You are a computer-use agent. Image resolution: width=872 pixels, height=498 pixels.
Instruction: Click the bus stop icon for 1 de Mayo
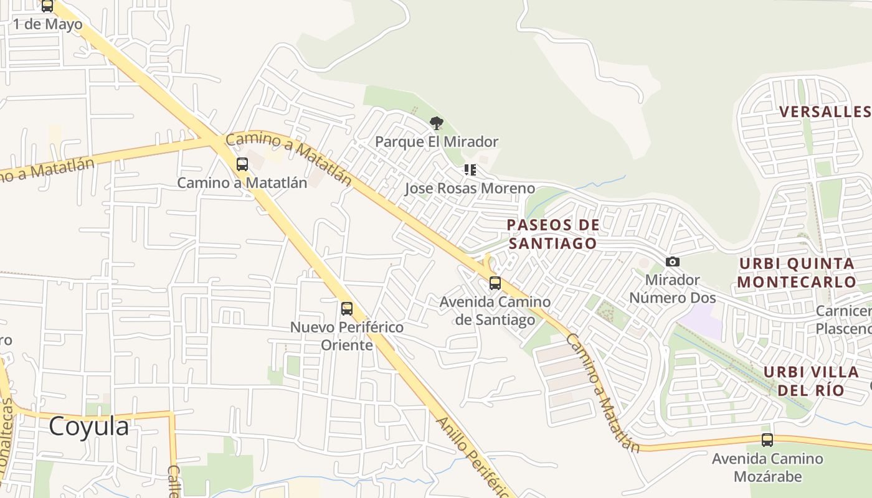pos(47,6)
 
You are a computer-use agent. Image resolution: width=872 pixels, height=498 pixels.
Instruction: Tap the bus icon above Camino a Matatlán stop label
pos(242,164)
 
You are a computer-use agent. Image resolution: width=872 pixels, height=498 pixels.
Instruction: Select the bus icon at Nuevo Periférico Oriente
pos(347,308)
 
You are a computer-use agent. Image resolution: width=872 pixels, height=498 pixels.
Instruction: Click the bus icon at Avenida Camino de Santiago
pos(495,283)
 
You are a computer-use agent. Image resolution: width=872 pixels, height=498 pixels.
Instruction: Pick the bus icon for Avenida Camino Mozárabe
pos(767,440)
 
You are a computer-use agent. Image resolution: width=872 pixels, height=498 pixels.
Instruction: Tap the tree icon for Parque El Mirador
pos(437,123)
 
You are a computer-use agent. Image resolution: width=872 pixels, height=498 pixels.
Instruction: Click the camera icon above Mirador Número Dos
pos(673,262)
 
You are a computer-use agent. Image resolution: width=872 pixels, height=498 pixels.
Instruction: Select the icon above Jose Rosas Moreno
pos(470,169)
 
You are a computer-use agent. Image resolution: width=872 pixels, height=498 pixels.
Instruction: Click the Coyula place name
pos(89,426)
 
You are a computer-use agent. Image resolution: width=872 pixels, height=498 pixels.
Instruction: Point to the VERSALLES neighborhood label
pos(825,111)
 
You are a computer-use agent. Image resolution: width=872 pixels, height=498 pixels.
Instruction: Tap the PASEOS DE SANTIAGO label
pos(553,234)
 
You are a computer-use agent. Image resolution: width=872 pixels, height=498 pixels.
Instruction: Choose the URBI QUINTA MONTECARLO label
pos(797,273)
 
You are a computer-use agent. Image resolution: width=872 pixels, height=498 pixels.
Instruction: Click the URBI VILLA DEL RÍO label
pos(810,381)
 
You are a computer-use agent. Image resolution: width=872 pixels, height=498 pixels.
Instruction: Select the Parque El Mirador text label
pos(437,142)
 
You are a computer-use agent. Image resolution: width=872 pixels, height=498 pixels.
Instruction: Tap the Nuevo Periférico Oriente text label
pos(347,336)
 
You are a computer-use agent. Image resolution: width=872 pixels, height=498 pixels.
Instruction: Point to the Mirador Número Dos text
pos(673,289)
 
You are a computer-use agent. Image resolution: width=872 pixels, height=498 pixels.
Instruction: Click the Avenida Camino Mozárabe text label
pos(767,467)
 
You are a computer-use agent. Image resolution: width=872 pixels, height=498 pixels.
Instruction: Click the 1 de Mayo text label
pos(48,25)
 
